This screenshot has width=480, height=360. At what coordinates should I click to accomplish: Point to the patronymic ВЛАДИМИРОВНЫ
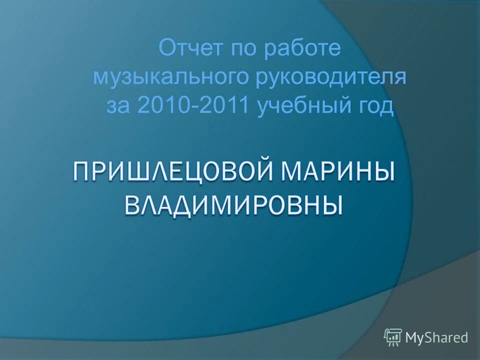[x=233, y=205]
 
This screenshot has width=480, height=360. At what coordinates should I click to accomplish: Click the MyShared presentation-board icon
[x=393, y=337]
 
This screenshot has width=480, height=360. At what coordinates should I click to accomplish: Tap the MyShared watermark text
[x=436, y=337]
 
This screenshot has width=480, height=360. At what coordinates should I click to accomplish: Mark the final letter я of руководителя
[x=399, y=78]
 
